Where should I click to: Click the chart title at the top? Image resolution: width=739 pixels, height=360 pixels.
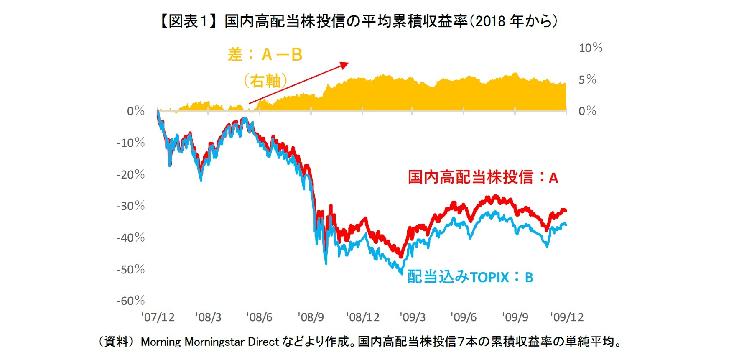tap(358, 21)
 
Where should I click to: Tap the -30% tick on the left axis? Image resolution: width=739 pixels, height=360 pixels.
tap(130, 206)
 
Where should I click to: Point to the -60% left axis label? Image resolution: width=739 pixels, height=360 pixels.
tap(130, 301)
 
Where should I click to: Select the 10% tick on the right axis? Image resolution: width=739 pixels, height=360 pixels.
tap(590, 48)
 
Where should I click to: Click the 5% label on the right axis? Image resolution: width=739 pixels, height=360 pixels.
tap(587, 79)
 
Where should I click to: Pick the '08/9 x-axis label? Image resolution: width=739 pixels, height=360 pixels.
tap(311, 317)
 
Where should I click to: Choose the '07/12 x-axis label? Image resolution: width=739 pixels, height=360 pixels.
tap(158, 317)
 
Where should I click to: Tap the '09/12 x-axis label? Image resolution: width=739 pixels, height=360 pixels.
tap(567, 317)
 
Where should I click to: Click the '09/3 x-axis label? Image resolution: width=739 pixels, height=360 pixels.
tap(413, 317)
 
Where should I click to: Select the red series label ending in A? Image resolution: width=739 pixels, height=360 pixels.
tap(483, 177)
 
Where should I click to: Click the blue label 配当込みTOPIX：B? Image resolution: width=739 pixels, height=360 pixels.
tap(470, 277)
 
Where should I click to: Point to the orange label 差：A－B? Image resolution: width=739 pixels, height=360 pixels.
tap(265, 55)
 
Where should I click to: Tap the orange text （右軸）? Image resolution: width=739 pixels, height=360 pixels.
tap(265, 80)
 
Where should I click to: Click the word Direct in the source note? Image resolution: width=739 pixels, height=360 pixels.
tap(263, 342)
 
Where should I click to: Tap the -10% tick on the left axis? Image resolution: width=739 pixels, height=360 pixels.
tap(130, 143)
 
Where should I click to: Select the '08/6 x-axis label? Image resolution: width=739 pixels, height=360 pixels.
tap(259, 317)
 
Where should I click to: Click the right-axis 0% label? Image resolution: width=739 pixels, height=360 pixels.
tap(587, 111)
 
